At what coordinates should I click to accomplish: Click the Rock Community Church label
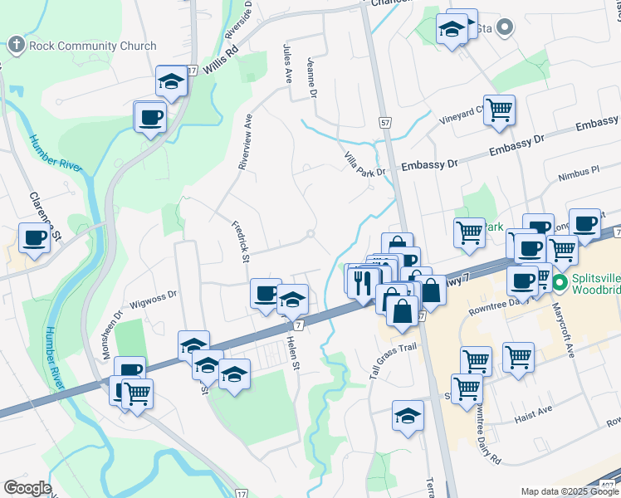pyautogui.click(x=92, y=46)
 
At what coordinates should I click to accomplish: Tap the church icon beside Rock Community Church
pyautogui.click(x=17, y=45)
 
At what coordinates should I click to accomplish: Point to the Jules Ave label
pyautogui.click(x=289, y=64)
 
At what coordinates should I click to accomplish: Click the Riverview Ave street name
pyautogui.click(x=245, y=142)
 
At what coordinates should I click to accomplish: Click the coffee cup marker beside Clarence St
pyautogui.click(x=35, y=238)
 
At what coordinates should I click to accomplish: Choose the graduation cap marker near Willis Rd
pyautogui.click(x=170, y=81)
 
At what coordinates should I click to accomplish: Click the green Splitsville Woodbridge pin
pyautogui.click(x=560, y=283)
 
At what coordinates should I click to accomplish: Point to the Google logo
pyautogui.click(x=28, y=488)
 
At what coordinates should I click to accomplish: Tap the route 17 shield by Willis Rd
pyautogui.click(x=192, y=72)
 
